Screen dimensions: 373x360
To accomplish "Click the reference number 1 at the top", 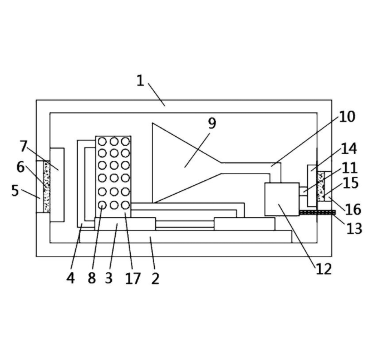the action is tap(140, 80).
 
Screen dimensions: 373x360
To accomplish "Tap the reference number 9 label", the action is tap(212, 123).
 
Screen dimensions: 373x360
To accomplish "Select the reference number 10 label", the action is tap(347, 117).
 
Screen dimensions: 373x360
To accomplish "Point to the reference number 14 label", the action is tap(349, 149).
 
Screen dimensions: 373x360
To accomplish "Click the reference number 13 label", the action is tap(354, 229).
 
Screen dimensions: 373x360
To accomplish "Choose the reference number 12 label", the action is tap(323, 269).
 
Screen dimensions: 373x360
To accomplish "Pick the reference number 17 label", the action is tap(132, 278).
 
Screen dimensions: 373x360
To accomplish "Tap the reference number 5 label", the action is tap(15, 191).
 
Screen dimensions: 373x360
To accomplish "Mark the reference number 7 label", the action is tap(23, 146).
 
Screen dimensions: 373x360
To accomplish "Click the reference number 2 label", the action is tap(155, 278).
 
